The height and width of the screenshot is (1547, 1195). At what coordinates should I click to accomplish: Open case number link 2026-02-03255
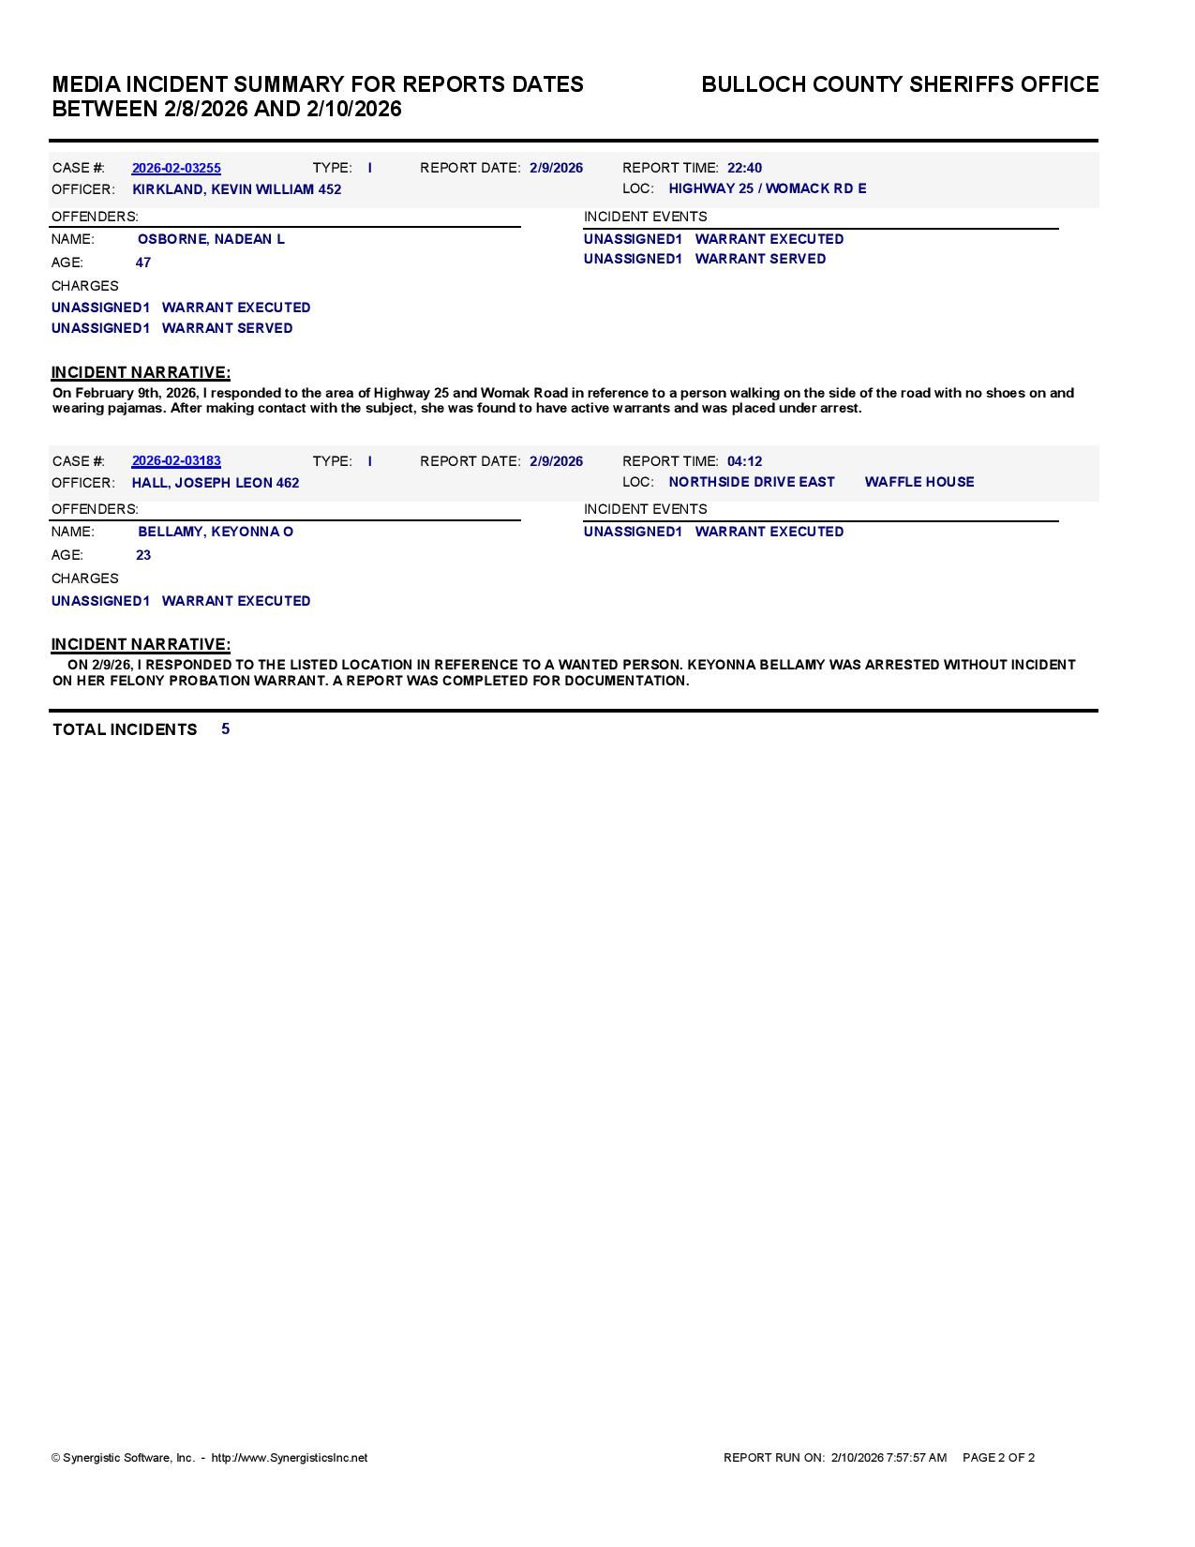[176, 169]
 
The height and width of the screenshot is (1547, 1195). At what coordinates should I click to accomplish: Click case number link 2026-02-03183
[176, 461]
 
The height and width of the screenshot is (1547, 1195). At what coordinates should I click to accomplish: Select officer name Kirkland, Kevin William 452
[236, 189]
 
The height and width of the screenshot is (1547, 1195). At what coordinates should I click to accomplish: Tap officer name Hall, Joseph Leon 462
[216, 483]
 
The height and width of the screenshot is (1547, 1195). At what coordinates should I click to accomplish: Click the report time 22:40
[744, 169]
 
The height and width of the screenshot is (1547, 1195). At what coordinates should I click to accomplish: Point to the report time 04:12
[744, 461]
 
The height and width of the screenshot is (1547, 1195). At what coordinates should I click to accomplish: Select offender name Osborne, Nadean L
[211, 239]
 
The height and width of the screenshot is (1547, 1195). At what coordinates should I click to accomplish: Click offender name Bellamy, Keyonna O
[216, 532]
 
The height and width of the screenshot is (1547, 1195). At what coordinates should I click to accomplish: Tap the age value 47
[143, 263]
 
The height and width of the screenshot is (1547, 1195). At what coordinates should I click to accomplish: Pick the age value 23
[143, 555]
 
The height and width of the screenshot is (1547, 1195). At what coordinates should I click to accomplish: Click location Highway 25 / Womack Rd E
[767, 188]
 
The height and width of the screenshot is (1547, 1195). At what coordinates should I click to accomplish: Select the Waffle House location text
[919, 482]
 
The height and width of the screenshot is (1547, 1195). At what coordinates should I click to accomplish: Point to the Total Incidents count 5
[226, 728]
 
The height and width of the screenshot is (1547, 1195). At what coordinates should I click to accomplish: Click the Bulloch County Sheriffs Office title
[900, 84]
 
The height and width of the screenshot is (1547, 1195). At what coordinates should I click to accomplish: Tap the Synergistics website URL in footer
[289, 1458]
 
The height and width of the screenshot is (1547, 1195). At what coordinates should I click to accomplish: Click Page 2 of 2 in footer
[998, 1458]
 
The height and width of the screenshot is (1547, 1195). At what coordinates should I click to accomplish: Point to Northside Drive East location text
[751, 482]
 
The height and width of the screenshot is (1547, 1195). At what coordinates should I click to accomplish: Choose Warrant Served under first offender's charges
[227, 328]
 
